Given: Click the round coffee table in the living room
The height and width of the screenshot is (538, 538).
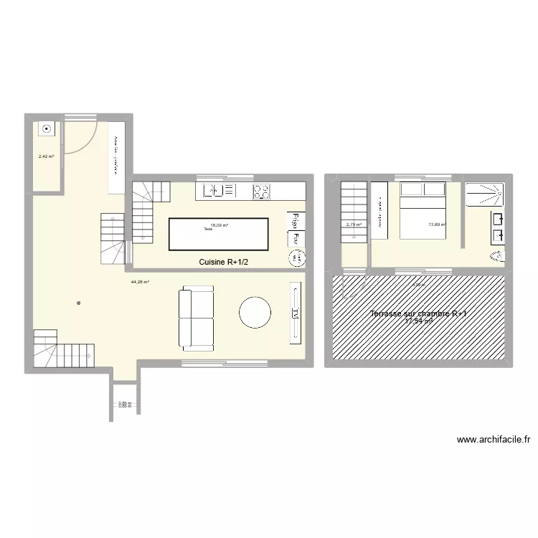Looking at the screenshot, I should pyautogui.click(x=255, y=313).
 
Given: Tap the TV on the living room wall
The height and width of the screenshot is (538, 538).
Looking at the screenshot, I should pyautogui.click(x=295, y=312).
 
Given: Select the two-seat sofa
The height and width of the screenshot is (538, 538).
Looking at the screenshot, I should pyautogui.click(x=197, y=318).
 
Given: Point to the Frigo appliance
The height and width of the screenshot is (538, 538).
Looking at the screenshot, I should pyautogui.click(x=294, y=221).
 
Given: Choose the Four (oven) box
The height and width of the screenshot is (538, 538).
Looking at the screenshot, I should pyautogui.click(x=294, y=238).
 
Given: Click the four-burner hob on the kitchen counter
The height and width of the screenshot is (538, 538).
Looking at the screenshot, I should pyautogui.click(x=261, y=191).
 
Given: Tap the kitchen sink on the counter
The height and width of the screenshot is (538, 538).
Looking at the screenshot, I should pyautogui.click(x=220, y=191).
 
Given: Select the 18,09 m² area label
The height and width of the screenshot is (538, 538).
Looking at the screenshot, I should pyautogui.click(x=220, y=225).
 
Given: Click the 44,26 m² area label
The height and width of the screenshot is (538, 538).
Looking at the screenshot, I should pyautogui.click(x=139, y=282).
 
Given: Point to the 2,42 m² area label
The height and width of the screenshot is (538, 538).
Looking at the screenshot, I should pyautogui.click(x=46, y=155).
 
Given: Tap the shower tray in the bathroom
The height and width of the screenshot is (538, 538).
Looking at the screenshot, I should pyautogui.click(x=485, y=194).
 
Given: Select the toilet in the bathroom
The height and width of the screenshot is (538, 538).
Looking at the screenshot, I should pyautogui.click(x=497, y=256).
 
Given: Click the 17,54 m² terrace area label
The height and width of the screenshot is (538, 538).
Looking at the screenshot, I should pyautogui.click(x=419, y=321).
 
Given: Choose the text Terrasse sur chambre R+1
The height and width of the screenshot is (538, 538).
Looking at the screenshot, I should pyautogui.click(x=419, y=314).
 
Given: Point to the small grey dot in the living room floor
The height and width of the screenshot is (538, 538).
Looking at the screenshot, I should pyautogui.click(x=79, y=303).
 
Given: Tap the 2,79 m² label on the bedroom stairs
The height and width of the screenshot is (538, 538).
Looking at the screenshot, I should pyautogui.click(x=354, y=225).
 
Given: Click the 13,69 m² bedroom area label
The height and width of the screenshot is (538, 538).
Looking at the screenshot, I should pyautogui.click(x=437, y=225).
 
